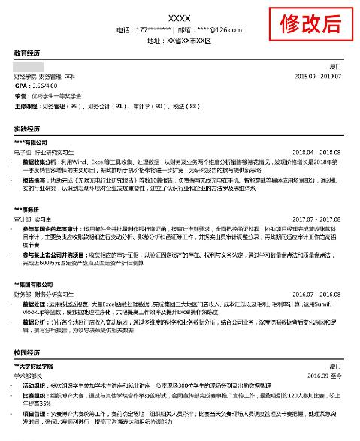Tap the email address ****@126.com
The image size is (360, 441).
[x=218, y=29]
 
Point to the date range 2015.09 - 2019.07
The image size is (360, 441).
[x=317, y=77]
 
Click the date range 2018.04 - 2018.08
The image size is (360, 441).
[x=317, y=152]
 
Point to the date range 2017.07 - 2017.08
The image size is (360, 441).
[x=317, y=219]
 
